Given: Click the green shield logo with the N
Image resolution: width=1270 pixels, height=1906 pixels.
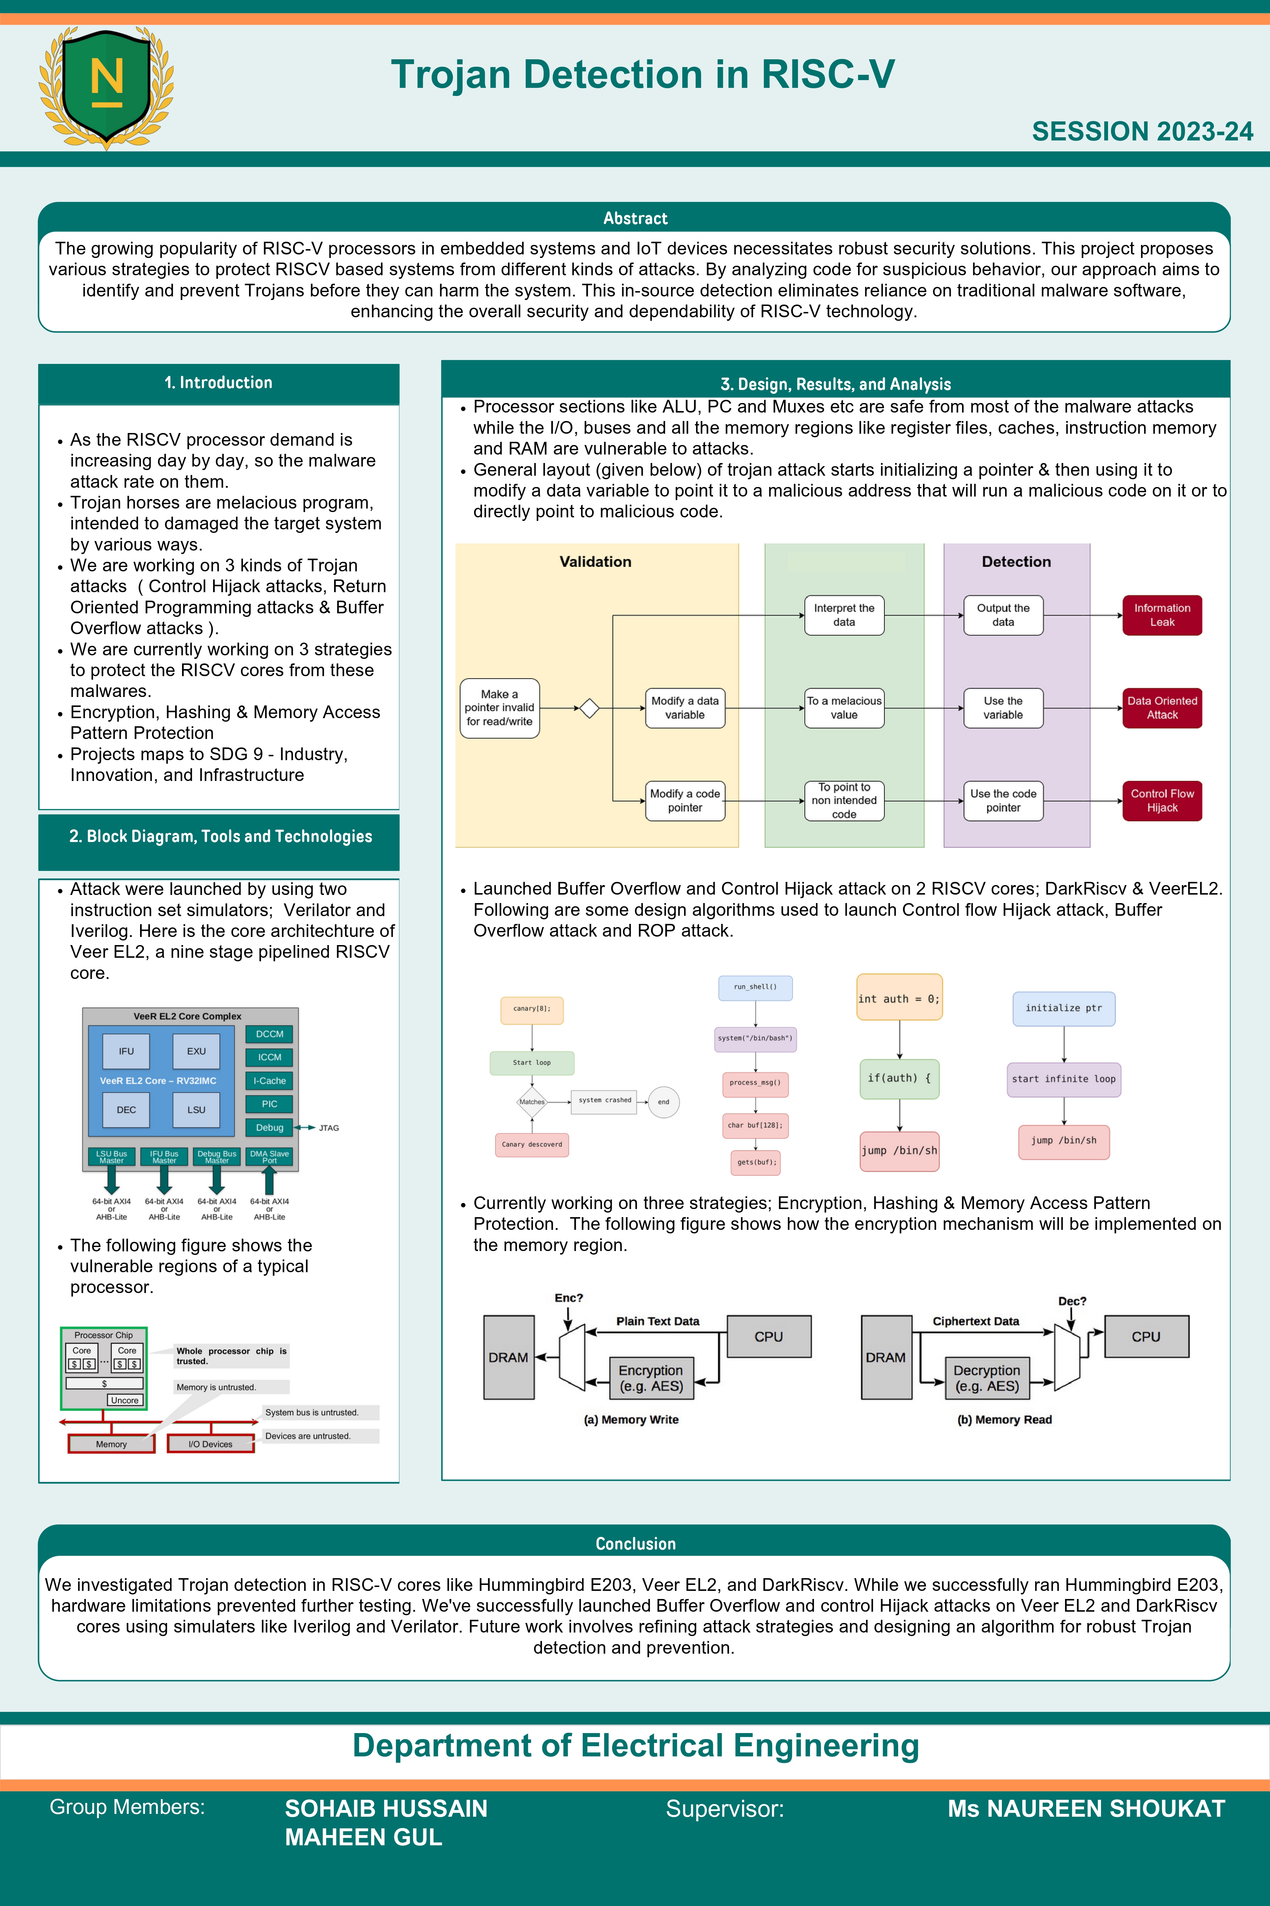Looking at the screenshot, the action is (106, 87).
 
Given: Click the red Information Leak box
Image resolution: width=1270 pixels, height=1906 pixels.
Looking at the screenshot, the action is (1161, 615).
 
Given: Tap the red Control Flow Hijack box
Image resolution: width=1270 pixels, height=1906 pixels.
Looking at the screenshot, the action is (1161, 800).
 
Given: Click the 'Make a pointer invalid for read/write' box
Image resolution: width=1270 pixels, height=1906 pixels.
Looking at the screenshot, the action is (499, 708).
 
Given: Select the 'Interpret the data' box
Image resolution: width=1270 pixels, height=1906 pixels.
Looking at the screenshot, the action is (844, 615).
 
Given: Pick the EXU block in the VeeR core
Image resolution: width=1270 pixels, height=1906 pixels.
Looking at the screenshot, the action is (196, 1051).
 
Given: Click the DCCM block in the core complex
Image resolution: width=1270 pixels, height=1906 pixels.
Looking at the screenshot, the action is (270, 1034).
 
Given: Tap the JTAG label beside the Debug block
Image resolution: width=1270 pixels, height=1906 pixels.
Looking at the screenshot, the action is (329, 1128).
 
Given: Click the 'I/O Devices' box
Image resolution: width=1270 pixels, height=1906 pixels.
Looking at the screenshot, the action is (211, 1443).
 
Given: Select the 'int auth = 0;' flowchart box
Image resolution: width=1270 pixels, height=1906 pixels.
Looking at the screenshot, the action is (899, 998).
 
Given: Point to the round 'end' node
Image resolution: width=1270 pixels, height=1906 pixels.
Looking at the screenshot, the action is (663, 1102).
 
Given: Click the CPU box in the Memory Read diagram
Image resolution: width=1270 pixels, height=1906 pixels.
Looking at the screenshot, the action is (1146, 1336).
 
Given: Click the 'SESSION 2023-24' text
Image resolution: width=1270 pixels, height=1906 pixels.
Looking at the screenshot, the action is (1142, 131).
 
